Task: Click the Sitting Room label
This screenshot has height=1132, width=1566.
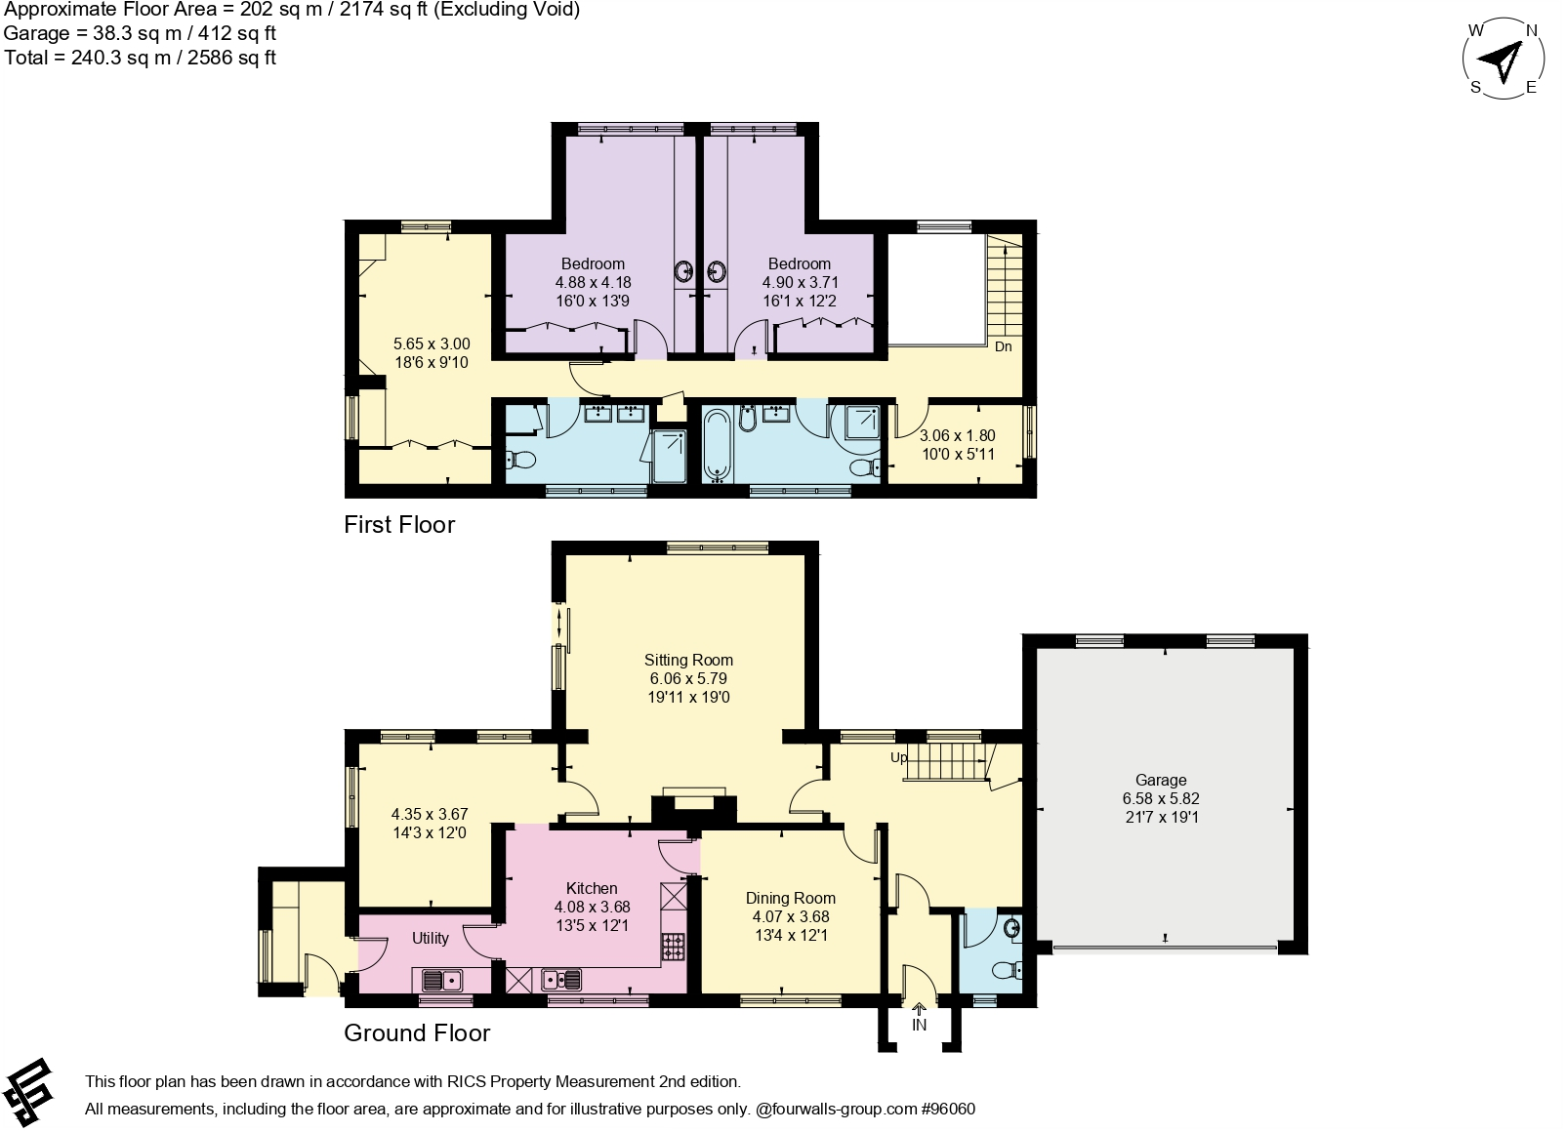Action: (x=688, y=661)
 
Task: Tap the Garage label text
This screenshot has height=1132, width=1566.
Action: (x=1161, y=781)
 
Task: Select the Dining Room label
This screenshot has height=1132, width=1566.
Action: (x=790, y=899)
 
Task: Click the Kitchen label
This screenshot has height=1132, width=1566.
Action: (x=592, y=889)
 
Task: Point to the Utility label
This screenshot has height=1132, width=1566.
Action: (x=430, y=939)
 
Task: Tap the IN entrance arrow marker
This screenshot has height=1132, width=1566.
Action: (x=919, y=1011)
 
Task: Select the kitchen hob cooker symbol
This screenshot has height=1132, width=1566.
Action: (x=674, y=947)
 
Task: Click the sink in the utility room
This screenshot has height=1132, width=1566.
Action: (x=442, y=980)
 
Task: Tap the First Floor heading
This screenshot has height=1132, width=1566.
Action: (x=399, y=525)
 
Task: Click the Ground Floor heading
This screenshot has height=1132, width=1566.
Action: (x=417, y=1033)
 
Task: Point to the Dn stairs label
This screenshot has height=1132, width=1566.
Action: (x=1004, y=346)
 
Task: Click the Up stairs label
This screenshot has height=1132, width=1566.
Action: (x=898, y=757)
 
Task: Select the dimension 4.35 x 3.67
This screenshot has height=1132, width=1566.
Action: (x=430, y=814)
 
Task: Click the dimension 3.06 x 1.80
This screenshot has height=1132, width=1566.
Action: (x=958, y=436)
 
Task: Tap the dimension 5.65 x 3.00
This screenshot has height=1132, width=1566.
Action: (x=432, y=344)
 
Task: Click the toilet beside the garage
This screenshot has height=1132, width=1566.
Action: (x=1004, y=969)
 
